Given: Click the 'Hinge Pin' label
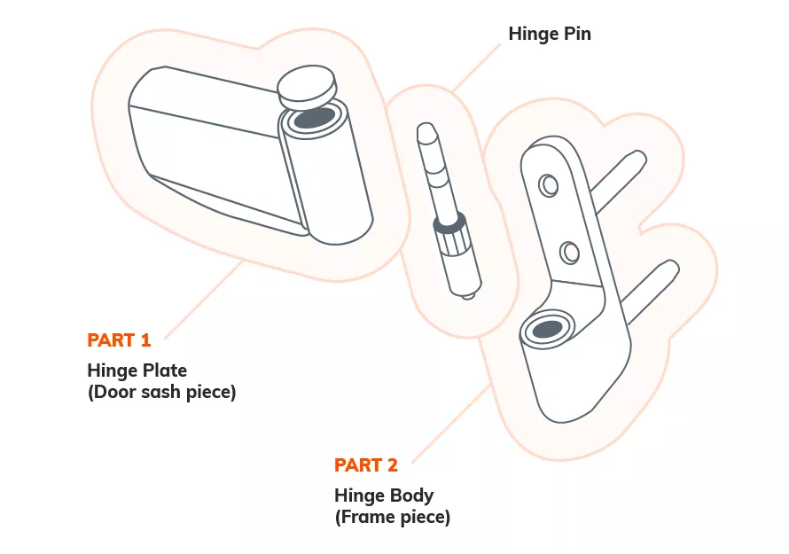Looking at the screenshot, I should point(549,35).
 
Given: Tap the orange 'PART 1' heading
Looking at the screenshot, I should point(119,339).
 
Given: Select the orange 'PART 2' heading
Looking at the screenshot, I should point(365,465).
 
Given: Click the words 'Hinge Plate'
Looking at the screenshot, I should point(137,370).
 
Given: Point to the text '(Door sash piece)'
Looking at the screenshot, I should point(161,392).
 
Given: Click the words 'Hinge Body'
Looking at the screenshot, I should point(384,495).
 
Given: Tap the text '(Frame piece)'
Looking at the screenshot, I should point(392,517).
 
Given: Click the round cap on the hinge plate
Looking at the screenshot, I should point(307,85).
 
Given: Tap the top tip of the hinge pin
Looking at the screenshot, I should point(426,133).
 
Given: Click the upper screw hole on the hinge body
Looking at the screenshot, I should point(549,184).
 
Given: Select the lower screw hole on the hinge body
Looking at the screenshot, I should point(569,253).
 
